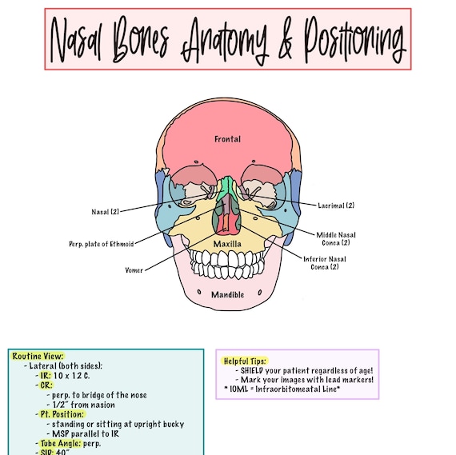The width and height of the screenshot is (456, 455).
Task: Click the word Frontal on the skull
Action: tap(227, 139)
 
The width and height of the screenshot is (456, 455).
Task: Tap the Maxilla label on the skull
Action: tap(227, 243)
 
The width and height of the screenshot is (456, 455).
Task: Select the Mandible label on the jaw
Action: tap(227, 295)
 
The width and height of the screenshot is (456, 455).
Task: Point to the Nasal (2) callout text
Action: tap(104, 212)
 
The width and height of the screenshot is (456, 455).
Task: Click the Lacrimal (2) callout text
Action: tap(336, 206)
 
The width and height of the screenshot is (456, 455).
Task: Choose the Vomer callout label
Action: tap(134, 270)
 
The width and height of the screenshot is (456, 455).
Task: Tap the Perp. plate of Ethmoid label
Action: tap(101, 243)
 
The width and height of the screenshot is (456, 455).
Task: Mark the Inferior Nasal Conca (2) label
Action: tap(326, 263)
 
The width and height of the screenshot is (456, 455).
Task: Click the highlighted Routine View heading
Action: tap(38, 356)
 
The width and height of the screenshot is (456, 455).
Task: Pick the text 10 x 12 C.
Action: tap(74, 375)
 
